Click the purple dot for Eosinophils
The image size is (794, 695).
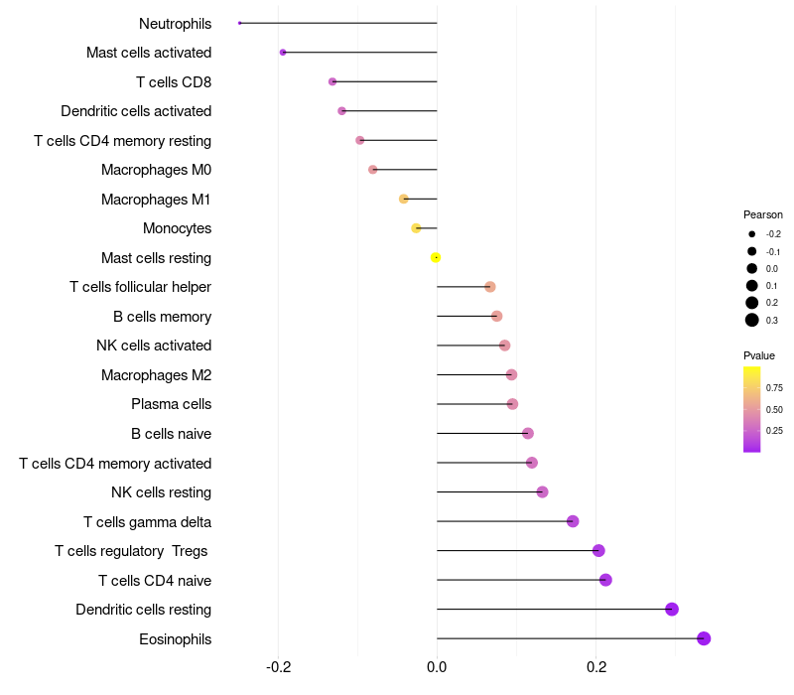pos(704,638)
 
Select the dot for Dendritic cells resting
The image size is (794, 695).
pos(672,610)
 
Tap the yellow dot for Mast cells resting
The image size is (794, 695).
pos(436,257)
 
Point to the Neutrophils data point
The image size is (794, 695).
pos(240,23)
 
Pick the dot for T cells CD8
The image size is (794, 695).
pos(332,81)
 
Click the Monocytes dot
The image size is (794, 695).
pos(416,228)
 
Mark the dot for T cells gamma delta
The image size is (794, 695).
pos(573,521)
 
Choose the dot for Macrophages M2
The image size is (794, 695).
pos(511,375)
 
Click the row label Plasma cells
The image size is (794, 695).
pos(171,404)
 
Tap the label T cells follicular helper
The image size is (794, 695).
pos(140,287)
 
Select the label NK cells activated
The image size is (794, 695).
pos(154,346)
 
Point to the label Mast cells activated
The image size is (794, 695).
pos(149,53)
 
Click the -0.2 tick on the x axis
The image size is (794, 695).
pos(279,666)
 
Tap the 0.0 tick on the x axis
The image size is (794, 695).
pos(437,666)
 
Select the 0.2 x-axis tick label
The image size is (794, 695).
pos(596,666)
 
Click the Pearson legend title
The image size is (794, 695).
pos(763,214)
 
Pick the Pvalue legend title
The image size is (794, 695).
pos(759,355)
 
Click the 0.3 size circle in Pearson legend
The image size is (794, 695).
pos(752,320)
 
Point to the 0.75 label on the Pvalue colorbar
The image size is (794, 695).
pos(774,388)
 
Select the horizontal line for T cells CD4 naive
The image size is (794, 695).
pos(516,580)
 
